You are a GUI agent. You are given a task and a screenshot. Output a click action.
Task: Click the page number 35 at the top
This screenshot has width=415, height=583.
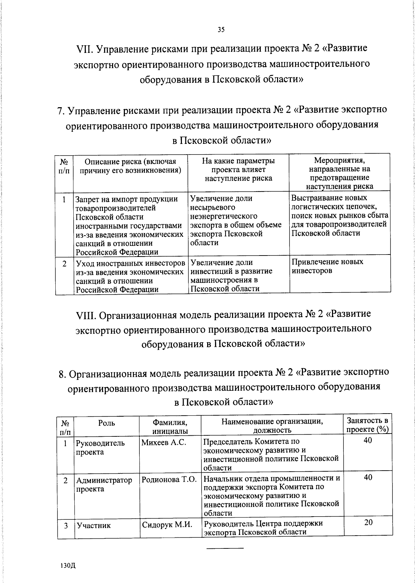[221, 30]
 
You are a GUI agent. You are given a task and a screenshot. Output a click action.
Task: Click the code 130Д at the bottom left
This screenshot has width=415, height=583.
[68, 566]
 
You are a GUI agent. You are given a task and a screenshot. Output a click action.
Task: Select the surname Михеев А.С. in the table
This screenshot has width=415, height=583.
[164, 442]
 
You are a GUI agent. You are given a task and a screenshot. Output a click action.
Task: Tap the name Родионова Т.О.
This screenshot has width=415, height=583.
[169, 480]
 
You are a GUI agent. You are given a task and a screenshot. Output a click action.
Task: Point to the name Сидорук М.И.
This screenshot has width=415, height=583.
[167, 525]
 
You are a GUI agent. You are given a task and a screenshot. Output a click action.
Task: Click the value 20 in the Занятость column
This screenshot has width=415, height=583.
[368, 522]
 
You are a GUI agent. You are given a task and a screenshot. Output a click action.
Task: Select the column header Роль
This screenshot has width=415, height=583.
[107, 423]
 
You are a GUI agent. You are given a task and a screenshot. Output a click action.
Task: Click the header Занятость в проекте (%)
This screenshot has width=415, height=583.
[367, 425]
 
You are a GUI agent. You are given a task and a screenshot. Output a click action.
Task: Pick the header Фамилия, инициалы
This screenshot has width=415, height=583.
[170, 426]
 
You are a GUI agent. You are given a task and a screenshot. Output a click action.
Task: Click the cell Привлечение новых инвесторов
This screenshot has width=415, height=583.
[327, 266]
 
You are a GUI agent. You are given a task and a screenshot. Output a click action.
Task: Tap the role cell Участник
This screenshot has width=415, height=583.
[94, 526]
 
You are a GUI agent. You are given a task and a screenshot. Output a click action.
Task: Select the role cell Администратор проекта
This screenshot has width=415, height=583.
[104, 484]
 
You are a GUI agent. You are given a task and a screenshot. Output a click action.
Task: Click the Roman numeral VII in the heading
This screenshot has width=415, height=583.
[84, 49]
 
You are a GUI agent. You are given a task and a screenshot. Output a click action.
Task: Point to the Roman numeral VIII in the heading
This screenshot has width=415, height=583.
[86, 315]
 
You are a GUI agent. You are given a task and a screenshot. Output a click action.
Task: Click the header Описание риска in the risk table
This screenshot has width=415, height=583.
[130, 166]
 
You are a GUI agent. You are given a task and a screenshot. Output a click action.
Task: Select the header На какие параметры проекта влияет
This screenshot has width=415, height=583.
[238, 169]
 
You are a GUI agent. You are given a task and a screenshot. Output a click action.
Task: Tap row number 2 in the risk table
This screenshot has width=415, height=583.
[64, 264]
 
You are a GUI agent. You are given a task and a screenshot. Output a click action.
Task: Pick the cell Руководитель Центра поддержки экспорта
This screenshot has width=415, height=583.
[263, 527]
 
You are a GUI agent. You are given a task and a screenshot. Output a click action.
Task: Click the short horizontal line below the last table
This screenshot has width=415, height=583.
[225, 548]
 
